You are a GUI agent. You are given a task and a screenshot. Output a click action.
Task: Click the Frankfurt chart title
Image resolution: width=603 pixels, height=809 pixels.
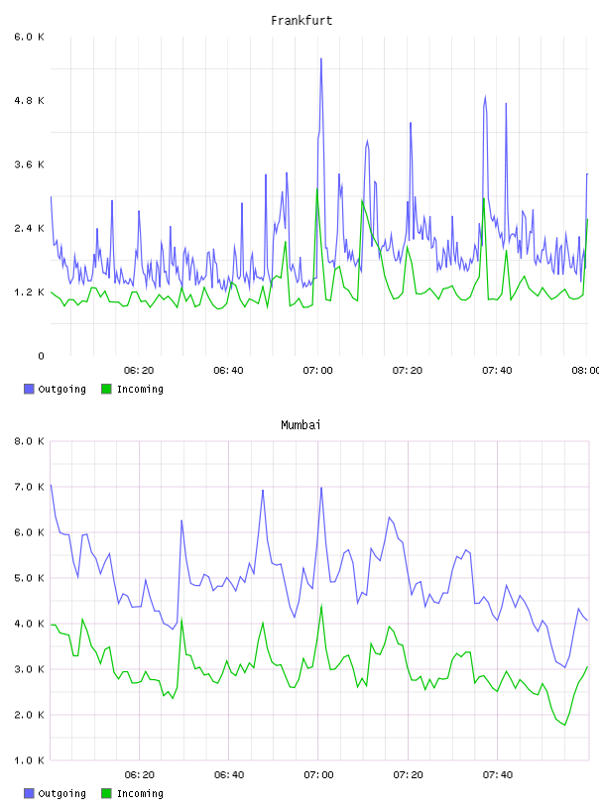pos(301,21)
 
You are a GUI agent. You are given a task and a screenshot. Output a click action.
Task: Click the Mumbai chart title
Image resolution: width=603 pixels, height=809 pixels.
pos(301,425)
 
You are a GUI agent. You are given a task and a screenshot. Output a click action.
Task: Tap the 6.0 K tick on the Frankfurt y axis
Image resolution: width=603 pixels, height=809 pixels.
pos(30,37)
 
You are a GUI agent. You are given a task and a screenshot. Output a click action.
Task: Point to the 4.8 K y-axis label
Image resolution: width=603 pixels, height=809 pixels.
pos(30,100)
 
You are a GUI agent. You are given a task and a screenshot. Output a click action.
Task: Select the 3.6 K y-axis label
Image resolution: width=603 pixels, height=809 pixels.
pos(30,165)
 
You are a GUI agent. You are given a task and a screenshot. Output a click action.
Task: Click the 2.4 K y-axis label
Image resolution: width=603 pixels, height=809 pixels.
pos(30,229)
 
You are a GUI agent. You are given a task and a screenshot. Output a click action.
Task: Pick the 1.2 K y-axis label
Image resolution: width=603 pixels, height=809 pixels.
pos(30,292)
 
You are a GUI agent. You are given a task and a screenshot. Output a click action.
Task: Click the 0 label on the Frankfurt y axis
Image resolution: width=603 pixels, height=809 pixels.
pos(41,356)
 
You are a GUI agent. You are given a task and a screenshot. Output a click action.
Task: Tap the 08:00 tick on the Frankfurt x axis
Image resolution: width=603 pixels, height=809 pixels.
pos(586,371)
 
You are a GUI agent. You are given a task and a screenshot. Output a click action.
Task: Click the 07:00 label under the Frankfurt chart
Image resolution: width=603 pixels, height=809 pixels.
pos(318,371)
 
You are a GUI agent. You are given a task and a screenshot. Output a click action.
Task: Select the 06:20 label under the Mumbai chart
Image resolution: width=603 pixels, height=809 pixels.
pos(140,775)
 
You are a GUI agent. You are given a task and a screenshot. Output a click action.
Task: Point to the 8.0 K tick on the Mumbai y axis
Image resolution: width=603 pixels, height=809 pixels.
pos(30,441)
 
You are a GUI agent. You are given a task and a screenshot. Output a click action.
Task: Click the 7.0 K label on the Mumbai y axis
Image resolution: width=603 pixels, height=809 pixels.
pos(30,487)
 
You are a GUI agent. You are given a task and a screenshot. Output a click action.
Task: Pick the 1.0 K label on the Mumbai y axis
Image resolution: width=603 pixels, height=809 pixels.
pos(30,760)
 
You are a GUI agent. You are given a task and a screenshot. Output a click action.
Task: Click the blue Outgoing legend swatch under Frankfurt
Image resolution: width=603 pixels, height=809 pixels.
pos(29,389)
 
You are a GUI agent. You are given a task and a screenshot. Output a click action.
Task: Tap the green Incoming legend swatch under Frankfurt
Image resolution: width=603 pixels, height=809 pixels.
pos(106,389)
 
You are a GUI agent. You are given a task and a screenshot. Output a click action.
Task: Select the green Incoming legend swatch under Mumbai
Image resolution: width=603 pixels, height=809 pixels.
pos(106,793)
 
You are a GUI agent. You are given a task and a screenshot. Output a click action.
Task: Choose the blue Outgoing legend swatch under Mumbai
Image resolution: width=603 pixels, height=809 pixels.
pos(29,793)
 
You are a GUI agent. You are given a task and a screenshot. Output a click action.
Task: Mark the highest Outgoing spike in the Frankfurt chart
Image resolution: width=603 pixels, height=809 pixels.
pos(321,58)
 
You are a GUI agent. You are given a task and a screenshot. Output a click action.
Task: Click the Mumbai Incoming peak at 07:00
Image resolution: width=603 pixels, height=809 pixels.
pos(321,606)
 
